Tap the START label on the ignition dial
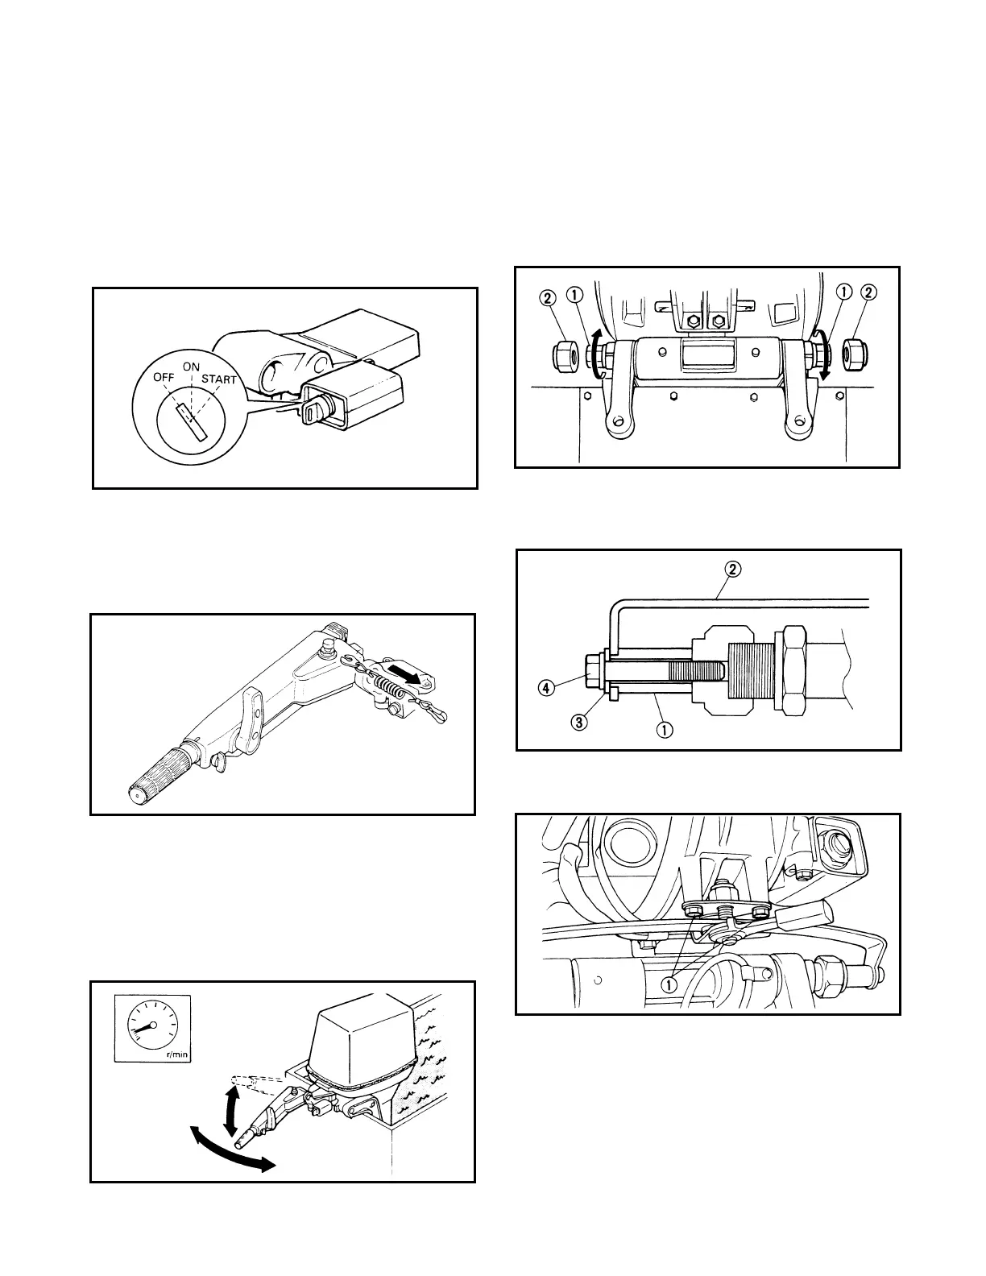pos(219,379)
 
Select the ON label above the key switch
pos(191,367)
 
